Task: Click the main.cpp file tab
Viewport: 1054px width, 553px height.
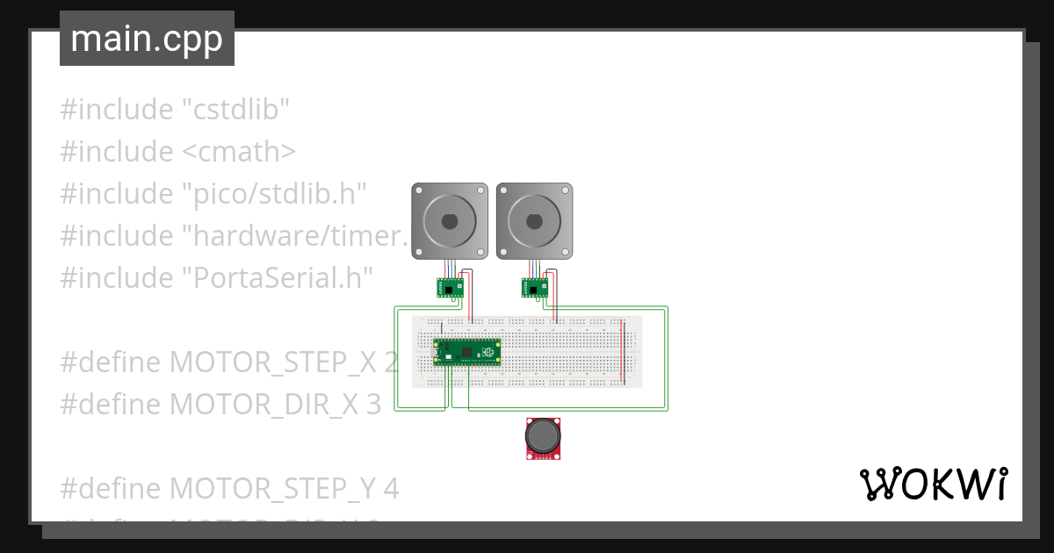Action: [x=147, y=39]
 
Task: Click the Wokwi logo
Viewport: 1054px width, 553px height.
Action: [x=933, y=484]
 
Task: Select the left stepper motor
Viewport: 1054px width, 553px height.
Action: [x=450, y=220]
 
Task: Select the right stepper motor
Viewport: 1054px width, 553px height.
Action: [x=534, y=220]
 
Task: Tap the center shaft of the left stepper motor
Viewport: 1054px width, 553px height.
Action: [x=450, y=221]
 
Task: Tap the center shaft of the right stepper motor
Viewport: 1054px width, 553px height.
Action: [x=534, y=221]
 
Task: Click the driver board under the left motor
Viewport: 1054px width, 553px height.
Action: [x=450, y=287]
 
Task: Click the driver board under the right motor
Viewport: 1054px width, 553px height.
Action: [x=534, y=287]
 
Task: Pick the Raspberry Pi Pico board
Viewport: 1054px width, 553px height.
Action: [x=468, y=352]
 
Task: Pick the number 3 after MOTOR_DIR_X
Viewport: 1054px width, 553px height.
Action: [x=372, y=404]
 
